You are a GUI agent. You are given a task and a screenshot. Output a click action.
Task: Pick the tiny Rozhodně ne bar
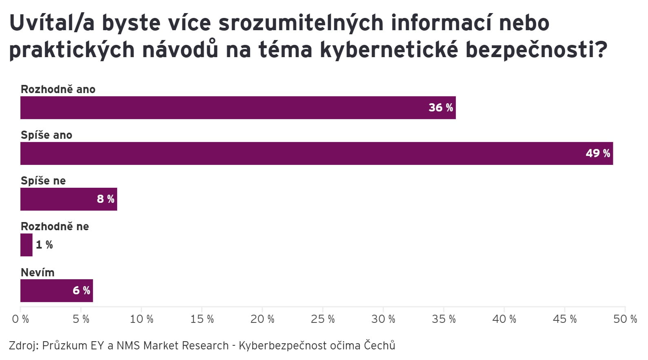tap(26, 245)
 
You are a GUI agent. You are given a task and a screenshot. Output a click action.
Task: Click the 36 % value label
tap(441, 108)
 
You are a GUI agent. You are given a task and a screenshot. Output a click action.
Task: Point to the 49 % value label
tap(598, 153)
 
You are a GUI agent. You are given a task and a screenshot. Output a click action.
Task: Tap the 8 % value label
tap(105, 199)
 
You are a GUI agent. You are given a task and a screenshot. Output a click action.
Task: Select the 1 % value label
tap(44, 245)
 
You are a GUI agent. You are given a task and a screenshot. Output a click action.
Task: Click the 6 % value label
tap(81, 291)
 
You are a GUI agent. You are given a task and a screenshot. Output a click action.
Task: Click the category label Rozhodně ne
tap(55, 227)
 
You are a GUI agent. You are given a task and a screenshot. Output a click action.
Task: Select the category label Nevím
tap(38, 272)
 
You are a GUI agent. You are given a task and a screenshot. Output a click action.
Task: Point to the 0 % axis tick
tap(20, 319)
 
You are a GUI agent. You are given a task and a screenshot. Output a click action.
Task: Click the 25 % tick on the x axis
tap(323, 319)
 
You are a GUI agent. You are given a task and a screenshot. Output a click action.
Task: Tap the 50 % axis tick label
tap(625, 319)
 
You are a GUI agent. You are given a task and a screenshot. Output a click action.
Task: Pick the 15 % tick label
tap(202, 319)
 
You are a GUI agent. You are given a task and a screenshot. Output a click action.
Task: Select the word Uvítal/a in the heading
tap(52, 23)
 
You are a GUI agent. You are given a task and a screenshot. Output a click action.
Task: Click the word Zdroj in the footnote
tap(23, 346)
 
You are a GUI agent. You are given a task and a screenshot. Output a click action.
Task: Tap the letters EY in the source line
tap(97, 346)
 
